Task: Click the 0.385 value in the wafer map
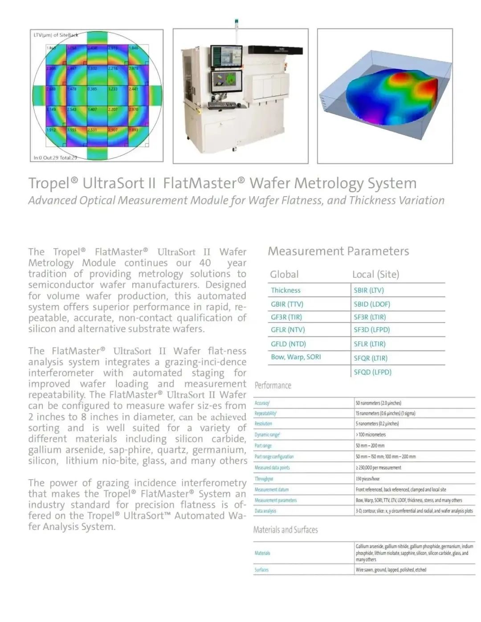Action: [x=92, y=89]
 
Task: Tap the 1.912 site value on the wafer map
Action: [x=51, y=130]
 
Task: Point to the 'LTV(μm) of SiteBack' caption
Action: [x=56, y=35]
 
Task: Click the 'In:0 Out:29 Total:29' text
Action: [x=55, y=158]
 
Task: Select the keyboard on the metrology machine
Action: [x=222, y=105]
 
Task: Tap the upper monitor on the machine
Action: [x=226, y=56]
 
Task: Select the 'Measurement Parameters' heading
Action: [x=338, y=251]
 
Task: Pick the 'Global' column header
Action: [x=284, y=275]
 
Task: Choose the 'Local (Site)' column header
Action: [x=375, y=275]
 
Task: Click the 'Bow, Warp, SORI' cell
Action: [x=296, y=357]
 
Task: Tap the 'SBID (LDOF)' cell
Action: [x=371, y=304]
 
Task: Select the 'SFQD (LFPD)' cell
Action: [x=372, y=372]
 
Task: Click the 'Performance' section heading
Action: [x=273, y=385]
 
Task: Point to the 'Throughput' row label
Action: [x=264, y=479]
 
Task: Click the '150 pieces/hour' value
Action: [x=367, y=479]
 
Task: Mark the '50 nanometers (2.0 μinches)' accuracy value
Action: [x=378, y=403]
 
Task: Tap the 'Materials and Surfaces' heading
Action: [x=285, y=530]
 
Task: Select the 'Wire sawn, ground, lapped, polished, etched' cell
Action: [x=391, y=570]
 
